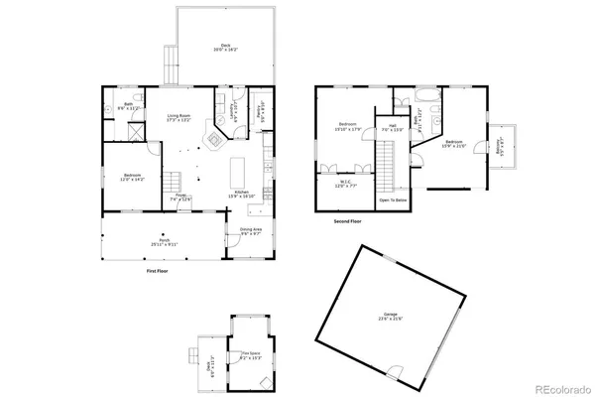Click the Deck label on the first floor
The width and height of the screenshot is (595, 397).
tap(226, 47)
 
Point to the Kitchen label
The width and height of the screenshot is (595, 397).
tap(243, 196)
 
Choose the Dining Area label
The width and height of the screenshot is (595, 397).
tap(251, 232)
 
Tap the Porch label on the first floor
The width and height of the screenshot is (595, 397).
tap(163, 241)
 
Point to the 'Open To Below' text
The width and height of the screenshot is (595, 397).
tap(393, 199)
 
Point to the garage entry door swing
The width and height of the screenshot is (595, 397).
tap(398, 372)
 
